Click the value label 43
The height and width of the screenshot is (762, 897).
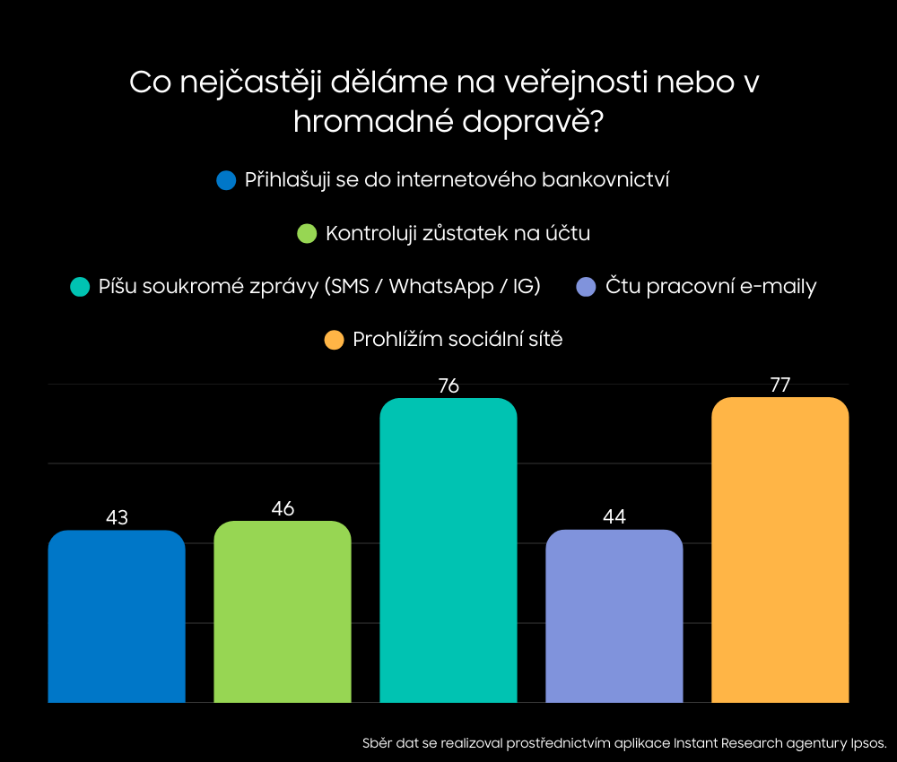117,518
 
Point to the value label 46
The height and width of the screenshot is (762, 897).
283,508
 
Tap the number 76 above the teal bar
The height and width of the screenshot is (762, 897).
448,386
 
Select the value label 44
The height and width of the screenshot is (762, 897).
614,517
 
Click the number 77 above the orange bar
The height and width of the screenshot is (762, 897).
780,385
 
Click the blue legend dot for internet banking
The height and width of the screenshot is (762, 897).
226,180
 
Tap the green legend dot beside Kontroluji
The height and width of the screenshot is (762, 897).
307,234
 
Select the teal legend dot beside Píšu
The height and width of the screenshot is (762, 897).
80,287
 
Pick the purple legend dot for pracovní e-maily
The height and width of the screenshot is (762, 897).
587,287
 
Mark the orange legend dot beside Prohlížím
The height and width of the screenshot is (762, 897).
334,341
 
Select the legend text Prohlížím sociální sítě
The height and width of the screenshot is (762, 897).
457,341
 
